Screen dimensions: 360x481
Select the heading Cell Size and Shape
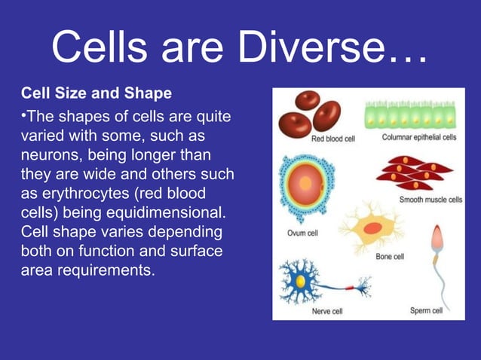pyautogui.click(x=96, y=94)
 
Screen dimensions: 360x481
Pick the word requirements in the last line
pyautogui.click(x=101, y=270)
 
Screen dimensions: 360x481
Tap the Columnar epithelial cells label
pyautogui.click(x=418, y=138)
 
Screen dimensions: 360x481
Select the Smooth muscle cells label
pyautogui.click(x=430, y=200)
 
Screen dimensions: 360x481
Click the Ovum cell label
pyautogui.click(x=302, y=233)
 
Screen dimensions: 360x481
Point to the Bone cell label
pyautogui.click(x=390, y=256)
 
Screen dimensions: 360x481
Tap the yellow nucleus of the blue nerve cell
pyautogui.click(x=300, y=281)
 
